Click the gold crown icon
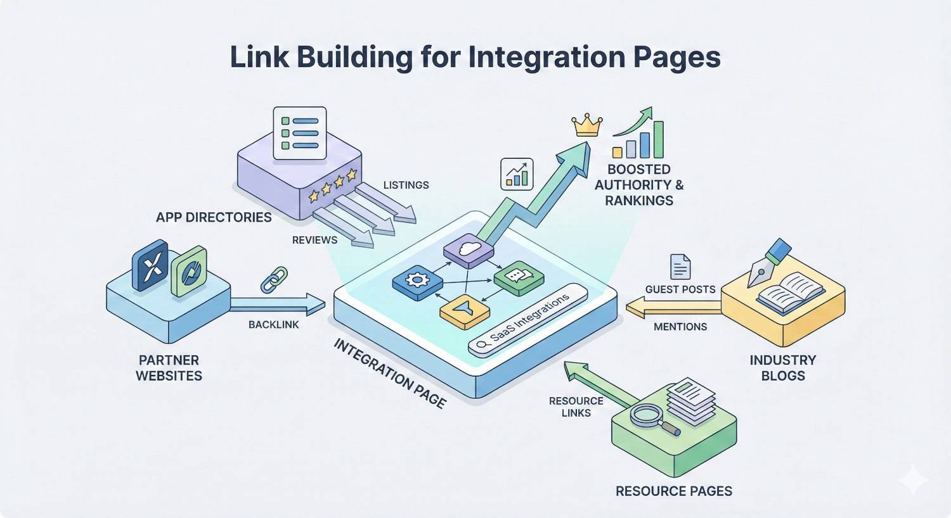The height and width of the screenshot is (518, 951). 586,125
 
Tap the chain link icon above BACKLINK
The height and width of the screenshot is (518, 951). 274,279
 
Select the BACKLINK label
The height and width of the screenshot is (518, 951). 273,324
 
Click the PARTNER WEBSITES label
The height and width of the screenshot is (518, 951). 169,368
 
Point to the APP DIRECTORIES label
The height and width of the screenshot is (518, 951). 214,217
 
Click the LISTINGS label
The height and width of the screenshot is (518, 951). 406,185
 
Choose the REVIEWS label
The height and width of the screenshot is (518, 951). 314,240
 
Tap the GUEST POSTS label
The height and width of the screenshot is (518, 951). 680,289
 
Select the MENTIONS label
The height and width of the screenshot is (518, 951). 680,327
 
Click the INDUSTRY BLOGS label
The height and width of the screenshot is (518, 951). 782,368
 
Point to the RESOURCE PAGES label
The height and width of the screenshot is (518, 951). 673,491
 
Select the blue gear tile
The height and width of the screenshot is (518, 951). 417,279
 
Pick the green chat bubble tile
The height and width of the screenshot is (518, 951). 518,277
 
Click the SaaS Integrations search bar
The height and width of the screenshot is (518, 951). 527,324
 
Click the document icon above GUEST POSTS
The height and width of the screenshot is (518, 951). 680,267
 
